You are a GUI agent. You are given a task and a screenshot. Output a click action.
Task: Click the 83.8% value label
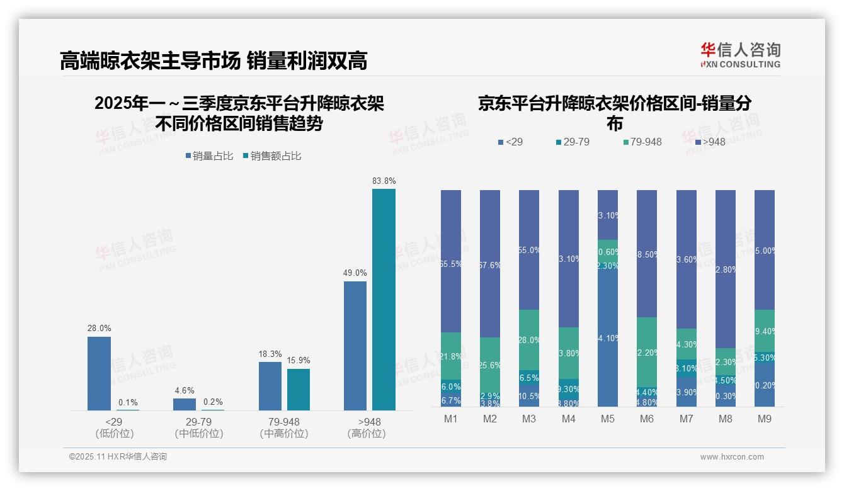[384, 181]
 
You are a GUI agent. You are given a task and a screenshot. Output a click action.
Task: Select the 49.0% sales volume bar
[355, 346]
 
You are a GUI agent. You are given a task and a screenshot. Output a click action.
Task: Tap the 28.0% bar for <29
[99, 373]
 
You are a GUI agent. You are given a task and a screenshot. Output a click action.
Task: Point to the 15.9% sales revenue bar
[299, 390]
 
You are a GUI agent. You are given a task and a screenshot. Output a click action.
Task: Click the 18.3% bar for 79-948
[270, 386]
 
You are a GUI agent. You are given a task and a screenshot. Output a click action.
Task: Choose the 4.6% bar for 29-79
[185, 404]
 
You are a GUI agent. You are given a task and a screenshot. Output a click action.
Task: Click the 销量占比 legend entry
[209, 156]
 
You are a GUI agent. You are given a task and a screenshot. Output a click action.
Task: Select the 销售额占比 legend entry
[271, 156]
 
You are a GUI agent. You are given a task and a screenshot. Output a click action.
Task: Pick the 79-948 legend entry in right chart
[642, 142]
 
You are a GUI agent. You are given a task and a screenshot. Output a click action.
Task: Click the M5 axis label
[608, 419]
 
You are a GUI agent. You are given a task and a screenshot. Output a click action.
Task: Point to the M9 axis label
[765, 419]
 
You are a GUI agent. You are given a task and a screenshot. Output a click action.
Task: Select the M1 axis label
[451, 419]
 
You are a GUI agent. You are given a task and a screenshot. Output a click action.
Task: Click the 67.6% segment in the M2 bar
[490, 264]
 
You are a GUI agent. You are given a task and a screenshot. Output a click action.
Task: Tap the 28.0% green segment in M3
[529, 339]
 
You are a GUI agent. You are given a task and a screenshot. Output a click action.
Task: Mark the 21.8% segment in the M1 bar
[451, 356]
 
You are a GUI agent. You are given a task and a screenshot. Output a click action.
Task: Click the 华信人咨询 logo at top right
[740, 55]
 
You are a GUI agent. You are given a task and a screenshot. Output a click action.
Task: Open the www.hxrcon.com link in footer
[732, 457]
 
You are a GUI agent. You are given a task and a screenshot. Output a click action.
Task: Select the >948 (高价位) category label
[366, 427]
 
